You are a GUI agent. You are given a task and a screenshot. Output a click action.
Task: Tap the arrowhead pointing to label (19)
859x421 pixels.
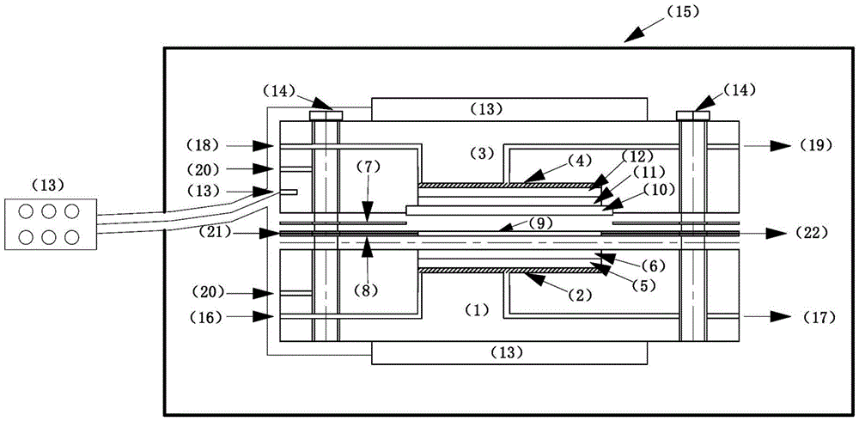pos(784,145)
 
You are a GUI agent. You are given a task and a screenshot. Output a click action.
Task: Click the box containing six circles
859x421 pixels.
pos(51,224)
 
